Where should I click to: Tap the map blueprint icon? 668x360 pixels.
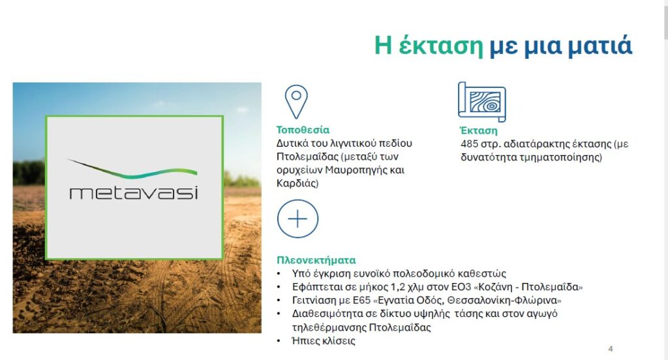(482, 102)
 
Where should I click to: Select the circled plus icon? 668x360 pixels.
(297, 218)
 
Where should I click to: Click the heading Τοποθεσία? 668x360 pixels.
(303, 130)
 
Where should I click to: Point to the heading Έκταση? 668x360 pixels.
(478, 130)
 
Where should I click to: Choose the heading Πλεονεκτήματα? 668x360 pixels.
(316, 260)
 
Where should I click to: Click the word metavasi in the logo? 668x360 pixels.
(134, 192)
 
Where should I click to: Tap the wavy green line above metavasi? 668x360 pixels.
(132, 170)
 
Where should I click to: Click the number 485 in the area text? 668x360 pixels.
(470, 144)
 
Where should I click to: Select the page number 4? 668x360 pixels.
(611, 349)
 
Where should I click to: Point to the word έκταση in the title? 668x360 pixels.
(441, 46)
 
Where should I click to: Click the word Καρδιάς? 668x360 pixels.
(297, 184)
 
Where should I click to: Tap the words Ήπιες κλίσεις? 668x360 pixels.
(324, 341)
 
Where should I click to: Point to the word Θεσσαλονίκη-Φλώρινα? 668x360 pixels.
(503, 301)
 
